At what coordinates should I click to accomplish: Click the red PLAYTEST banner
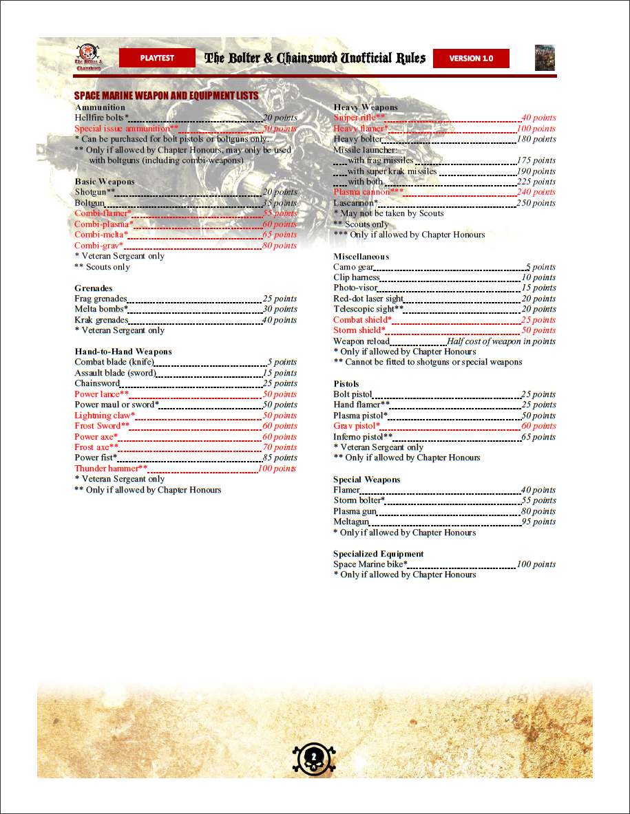click(x=157, y=58)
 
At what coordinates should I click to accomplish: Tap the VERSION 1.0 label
click(x=471, y=58)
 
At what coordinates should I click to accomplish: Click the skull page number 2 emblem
click(x=314, y=756)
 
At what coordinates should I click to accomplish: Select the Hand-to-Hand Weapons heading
click(x=123, y=352)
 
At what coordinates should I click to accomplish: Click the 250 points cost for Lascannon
click(x=536, y=203)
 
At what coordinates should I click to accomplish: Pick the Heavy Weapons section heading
click(x=366, y=107)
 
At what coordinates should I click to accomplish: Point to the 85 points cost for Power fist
click(x=280, y=458)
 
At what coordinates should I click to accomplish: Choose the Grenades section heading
click(x=94, y=288)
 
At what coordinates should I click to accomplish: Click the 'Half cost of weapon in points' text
click(x=501, y=341)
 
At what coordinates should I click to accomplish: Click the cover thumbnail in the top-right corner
click(x=545, y=58)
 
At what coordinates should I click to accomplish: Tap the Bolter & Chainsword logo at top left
click(x=87, y=58)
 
